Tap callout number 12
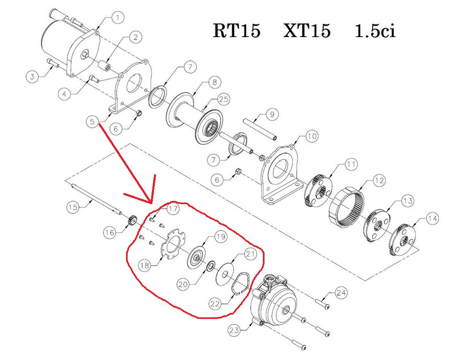[379, 181]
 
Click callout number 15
[72, 206]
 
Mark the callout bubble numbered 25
[223, 99]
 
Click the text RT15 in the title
[237, 30]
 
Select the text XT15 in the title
[307, 30]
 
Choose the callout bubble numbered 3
[32, 76]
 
